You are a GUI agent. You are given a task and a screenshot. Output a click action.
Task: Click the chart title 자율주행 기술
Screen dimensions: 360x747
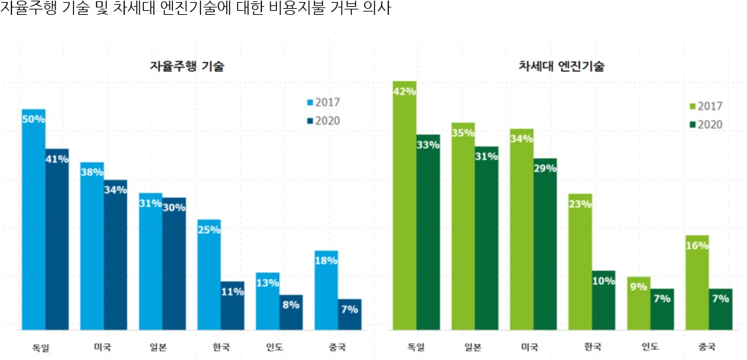pyautogui.click(x=187, y=66)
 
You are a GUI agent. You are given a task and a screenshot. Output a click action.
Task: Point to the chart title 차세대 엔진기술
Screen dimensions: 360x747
pyautogui.click(x=561, y=66)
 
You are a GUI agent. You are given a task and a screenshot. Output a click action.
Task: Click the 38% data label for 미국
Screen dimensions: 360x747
pyautogui.click(x=92, y=172)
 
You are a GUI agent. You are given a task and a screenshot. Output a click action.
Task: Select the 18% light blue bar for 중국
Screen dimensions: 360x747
pyautogui.click(x=326, y=290)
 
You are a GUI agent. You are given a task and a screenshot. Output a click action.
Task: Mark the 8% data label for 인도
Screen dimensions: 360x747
pyautogui.click(x=291, y=305)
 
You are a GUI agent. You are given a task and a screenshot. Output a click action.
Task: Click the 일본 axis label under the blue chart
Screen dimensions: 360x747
pyautogui.click(x=160, y=347)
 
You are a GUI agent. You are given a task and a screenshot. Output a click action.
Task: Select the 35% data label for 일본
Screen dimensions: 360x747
pyautogui.click(x=463, y=133)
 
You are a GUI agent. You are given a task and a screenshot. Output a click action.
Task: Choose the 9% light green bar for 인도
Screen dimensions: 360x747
pyautogui.click(x=638, y=303)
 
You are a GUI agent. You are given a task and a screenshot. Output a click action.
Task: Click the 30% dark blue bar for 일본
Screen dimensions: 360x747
pyautogui.click(x=174, y=263)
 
